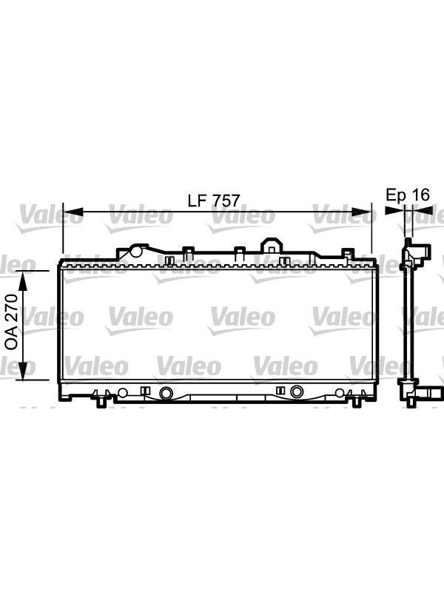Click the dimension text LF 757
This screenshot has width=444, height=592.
coord(214,200)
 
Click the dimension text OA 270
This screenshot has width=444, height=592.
coord(11,322)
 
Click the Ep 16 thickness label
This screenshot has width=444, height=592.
coord(408,195)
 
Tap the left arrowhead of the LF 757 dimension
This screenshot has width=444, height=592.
coord(73,212)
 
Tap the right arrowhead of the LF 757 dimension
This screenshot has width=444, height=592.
coord(361,212)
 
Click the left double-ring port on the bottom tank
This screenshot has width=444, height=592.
coord(165,393)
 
